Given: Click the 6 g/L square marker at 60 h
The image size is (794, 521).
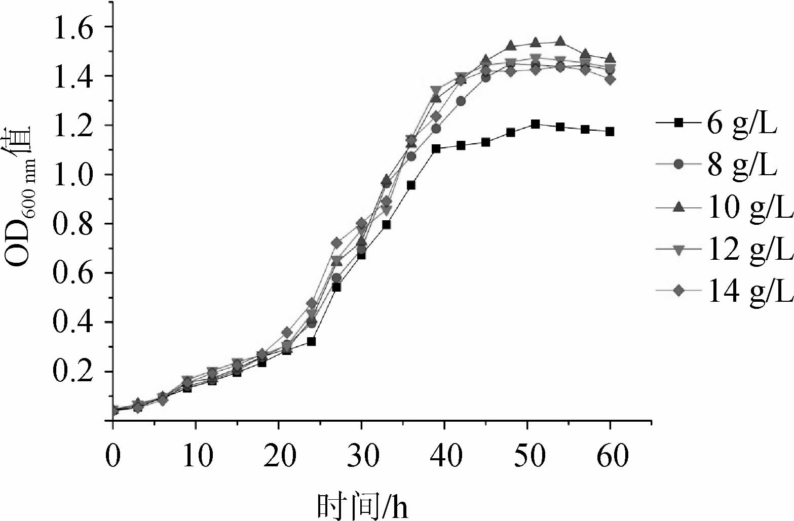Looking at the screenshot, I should click(610, 132).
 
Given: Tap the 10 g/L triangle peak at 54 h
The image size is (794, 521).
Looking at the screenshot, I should click(560, 41).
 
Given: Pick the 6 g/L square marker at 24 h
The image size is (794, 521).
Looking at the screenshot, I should click(312, 342).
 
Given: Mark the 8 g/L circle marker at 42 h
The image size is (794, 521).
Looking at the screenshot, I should click(461, 101).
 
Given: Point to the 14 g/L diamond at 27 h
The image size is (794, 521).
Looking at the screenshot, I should click(336, 244).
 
